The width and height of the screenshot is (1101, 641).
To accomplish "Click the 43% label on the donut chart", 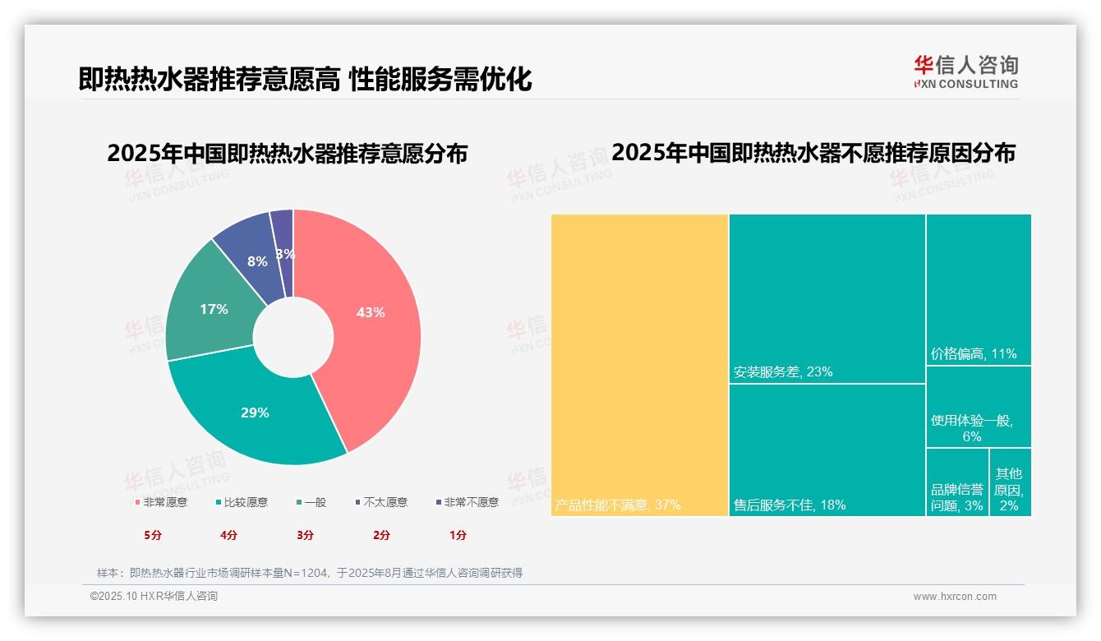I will (371, 312).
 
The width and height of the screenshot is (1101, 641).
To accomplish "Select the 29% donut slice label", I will (255, 413).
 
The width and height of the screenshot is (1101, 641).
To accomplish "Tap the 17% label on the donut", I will (214, 309).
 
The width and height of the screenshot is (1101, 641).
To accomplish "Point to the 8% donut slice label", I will (257, 261).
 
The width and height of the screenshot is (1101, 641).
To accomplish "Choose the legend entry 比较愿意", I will (245, 502).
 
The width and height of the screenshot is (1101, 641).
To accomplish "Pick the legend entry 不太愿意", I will (385, 502).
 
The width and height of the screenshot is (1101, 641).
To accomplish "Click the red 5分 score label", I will (154, 535).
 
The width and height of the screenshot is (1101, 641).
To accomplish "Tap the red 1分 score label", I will (458, 535).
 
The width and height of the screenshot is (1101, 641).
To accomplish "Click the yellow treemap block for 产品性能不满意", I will (639, 365).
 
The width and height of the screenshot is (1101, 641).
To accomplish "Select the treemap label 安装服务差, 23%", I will (783, 371).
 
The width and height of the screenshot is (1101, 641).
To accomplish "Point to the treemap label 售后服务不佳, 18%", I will (790, 505).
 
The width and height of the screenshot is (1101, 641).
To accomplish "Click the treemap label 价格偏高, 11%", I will (974, 354).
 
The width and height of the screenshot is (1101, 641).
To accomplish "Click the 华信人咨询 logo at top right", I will (965, 71).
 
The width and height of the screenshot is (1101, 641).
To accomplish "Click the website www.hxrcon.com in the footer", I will (955, 597).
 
